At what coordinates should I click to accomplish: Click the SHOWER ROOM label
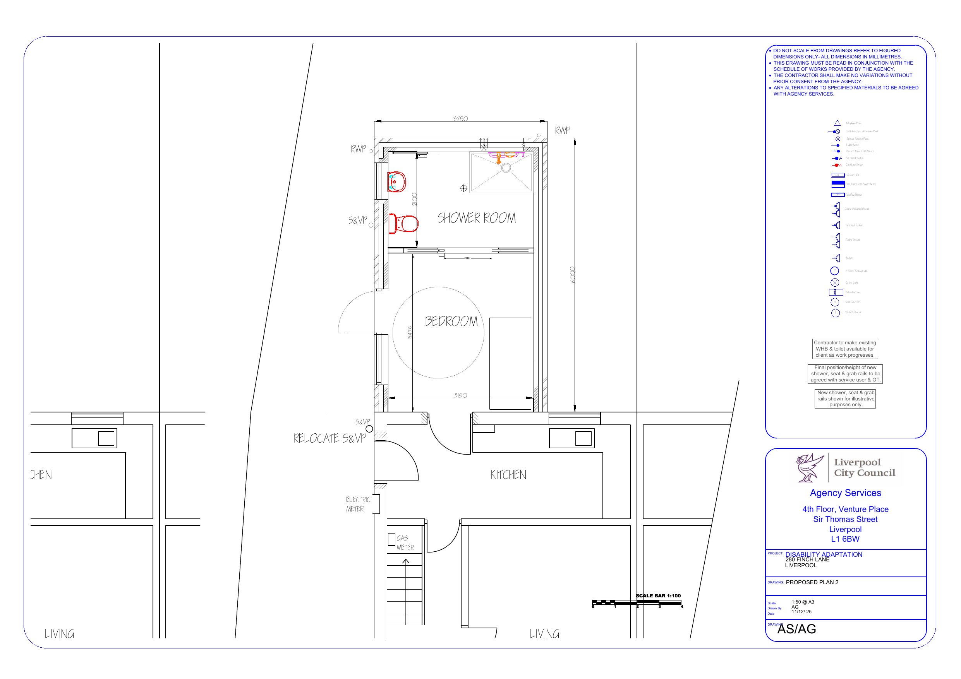476,218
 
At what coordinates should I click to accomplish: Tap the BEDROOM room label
451,321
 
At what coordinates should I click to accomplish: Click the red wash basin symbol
397,181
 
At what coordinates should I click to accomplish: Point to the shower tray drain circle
506,168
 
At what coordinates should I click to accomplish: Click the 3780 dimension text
460,118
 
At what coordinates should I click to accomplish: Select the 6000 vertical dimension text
572,274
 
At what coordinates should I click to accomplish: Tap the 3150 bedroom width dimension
460,395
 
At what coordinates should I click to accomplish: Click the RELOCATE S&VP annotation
329,438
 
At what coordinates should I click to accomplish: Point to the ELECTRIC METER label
357,504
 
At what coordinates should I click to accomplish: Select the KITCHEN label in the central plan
508,475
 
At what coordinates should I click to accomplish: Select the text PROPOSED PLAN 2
812,582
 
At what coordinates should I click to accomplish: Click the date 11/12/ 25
801,612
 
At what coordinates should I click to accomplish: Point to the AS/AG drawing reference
796,629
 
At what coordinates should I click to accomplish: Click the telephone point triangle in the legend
837,123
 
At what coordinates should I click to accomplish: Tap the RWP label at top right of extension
562,130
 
